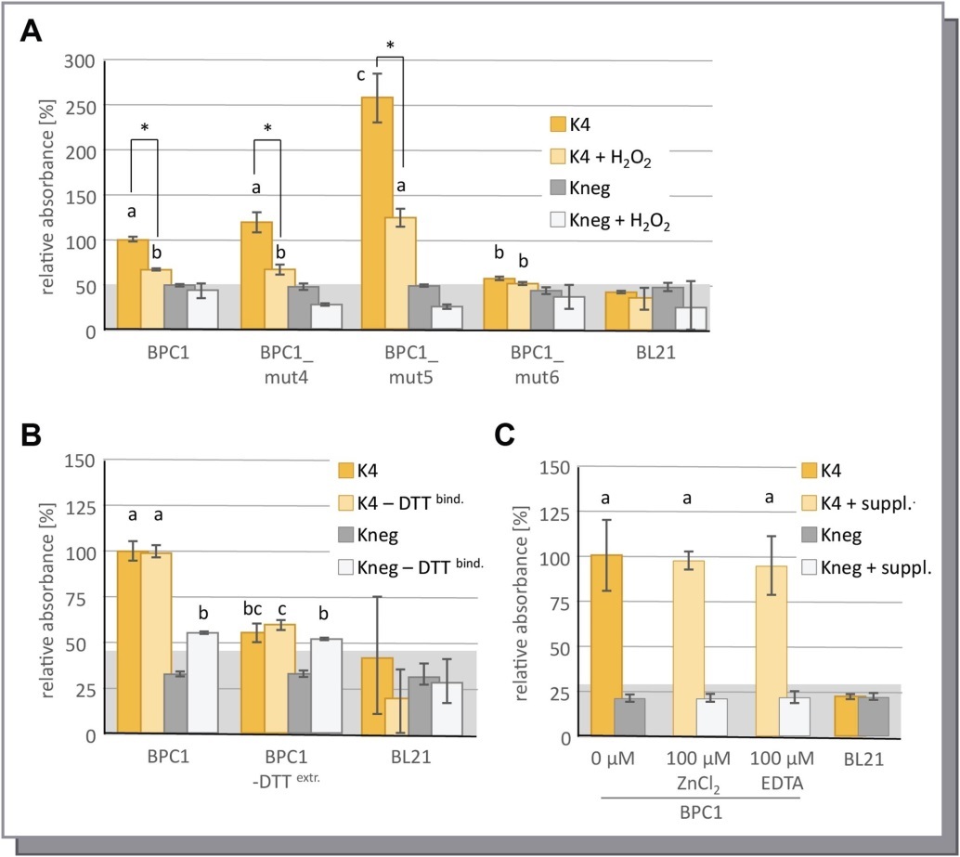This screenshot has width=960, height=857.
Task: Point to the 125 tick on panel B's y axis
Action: pyautogui.click(x=84, y=506)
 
